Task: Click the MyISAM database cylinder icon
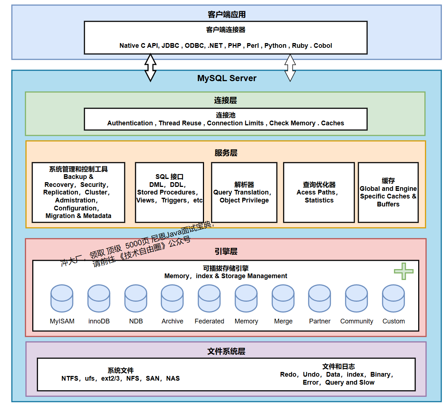click(x=62, y=298)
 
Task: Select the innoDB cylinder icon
click(x=99, y=298)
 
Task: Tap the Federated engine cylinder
click(x=209, y=298)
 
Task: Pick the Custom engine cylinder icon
click(x=394, y=298)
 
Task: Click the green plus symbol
click(x=404, y=271)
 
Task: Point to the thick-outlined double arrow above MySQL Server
click(x=150, y=68)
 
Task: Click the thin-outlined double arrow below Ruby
click(x=290, y=68)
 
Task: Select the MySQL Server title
click(x=226, y=78)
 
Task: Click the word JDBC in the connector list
click(x=170, y=46)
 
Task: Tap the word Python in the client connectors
click(x=275, y=46)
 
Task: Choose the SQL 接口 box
click(x=169, y=192)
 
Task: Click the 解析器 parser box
click(x=244, y=192)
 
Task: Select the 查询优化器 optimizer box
click(x=319, y=192)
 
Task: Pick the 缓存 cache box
click(x=388, y=192)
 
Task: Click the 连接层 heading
click(x=225, y=100)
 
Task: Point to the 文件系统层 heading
click(x=226, y=351)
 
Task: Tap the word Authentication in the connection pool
click(x=130, y=123)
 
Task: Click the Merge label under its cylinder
click(x=283, y=321)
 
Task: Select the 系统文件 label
click(x=121, y=371)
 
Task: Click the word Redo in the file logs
click(x=288, y=374)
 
